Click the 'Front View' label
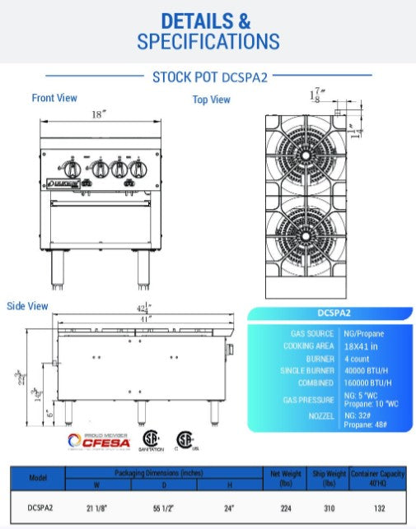[54, 98]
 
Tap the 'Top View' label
[212, 100]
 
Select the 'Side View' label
[27, 306]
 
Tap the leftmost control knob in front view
[74, 168]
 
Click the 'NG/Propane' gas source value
[363, 333]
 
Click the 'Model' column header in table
[38, 477]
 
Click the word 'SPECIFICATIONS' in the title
[208, 40]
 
